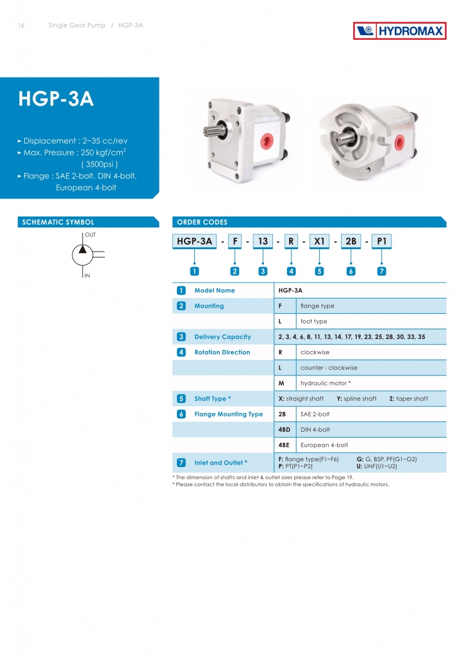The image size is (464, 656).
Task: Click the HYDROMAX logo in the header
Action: [x=399, y=31]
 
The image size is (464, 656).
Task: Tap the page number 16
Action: [x=22, y=26]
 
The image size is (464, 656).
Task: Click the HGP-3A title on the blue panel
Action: [x=56, y=99]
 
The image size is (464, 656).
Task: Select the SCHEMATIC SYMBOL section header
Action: [x=58, y=222]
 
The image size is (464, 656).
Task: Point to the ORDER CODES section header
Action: [x=202, y=222]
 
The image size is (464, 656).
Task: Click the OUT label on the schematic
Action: [x=90, y=235]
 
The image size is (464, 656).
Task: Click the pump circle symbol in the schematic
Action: [x=83, y=255]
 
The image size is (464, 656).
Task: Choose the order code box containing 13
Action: [x=262, y=242]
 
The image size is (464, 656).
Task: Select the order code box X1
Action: [x=319, y=242]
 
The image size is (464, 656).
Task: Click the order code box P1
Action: [x=381, y=242]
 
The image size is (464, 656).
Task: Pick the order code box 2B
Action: [x=351, y=242]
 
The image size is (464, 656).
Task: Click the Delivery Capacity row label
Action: [x=222, y=337]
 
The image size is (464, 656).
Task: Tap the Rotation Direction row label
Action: [x=222, y=352]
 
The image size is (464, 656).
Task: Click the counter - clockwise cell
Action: [x=329, y=368]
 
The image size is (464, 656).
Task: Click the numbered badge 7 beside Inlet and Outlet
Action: [x=182, y=463]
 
